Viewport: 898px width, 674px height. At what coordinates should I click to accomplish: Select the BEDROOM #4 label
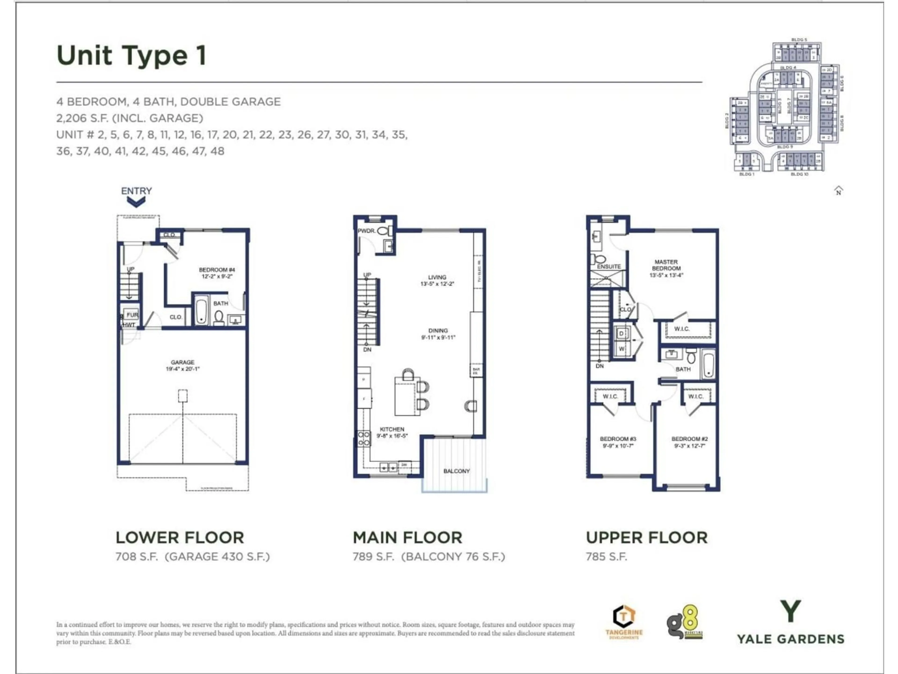tap(217, 270)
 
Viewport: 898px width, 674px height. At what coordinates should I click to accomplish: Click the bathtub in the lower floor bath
tap(201, 310)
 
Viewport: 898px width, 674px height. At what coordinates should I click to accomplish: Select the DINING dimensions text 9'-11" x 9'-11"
tap(438, 337)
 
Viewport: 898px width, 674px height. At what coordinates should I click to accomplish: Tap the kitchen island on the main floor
tap(407, 396)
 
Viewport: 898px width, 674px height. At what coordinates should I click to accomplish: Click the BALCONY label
tap(456, 471)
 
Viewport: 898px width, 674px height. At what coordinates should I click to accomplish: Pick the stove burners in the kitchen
tap(364, 438)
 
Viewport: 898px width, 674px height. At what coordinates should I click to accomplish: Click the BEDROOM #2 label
tap(689, 439)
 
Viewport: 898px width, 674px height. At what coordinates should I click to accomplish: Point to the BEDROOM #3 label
tap(618, 439)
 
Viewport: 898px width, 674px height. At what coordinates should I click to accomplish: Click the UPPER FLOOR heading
tap(646, 538)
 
